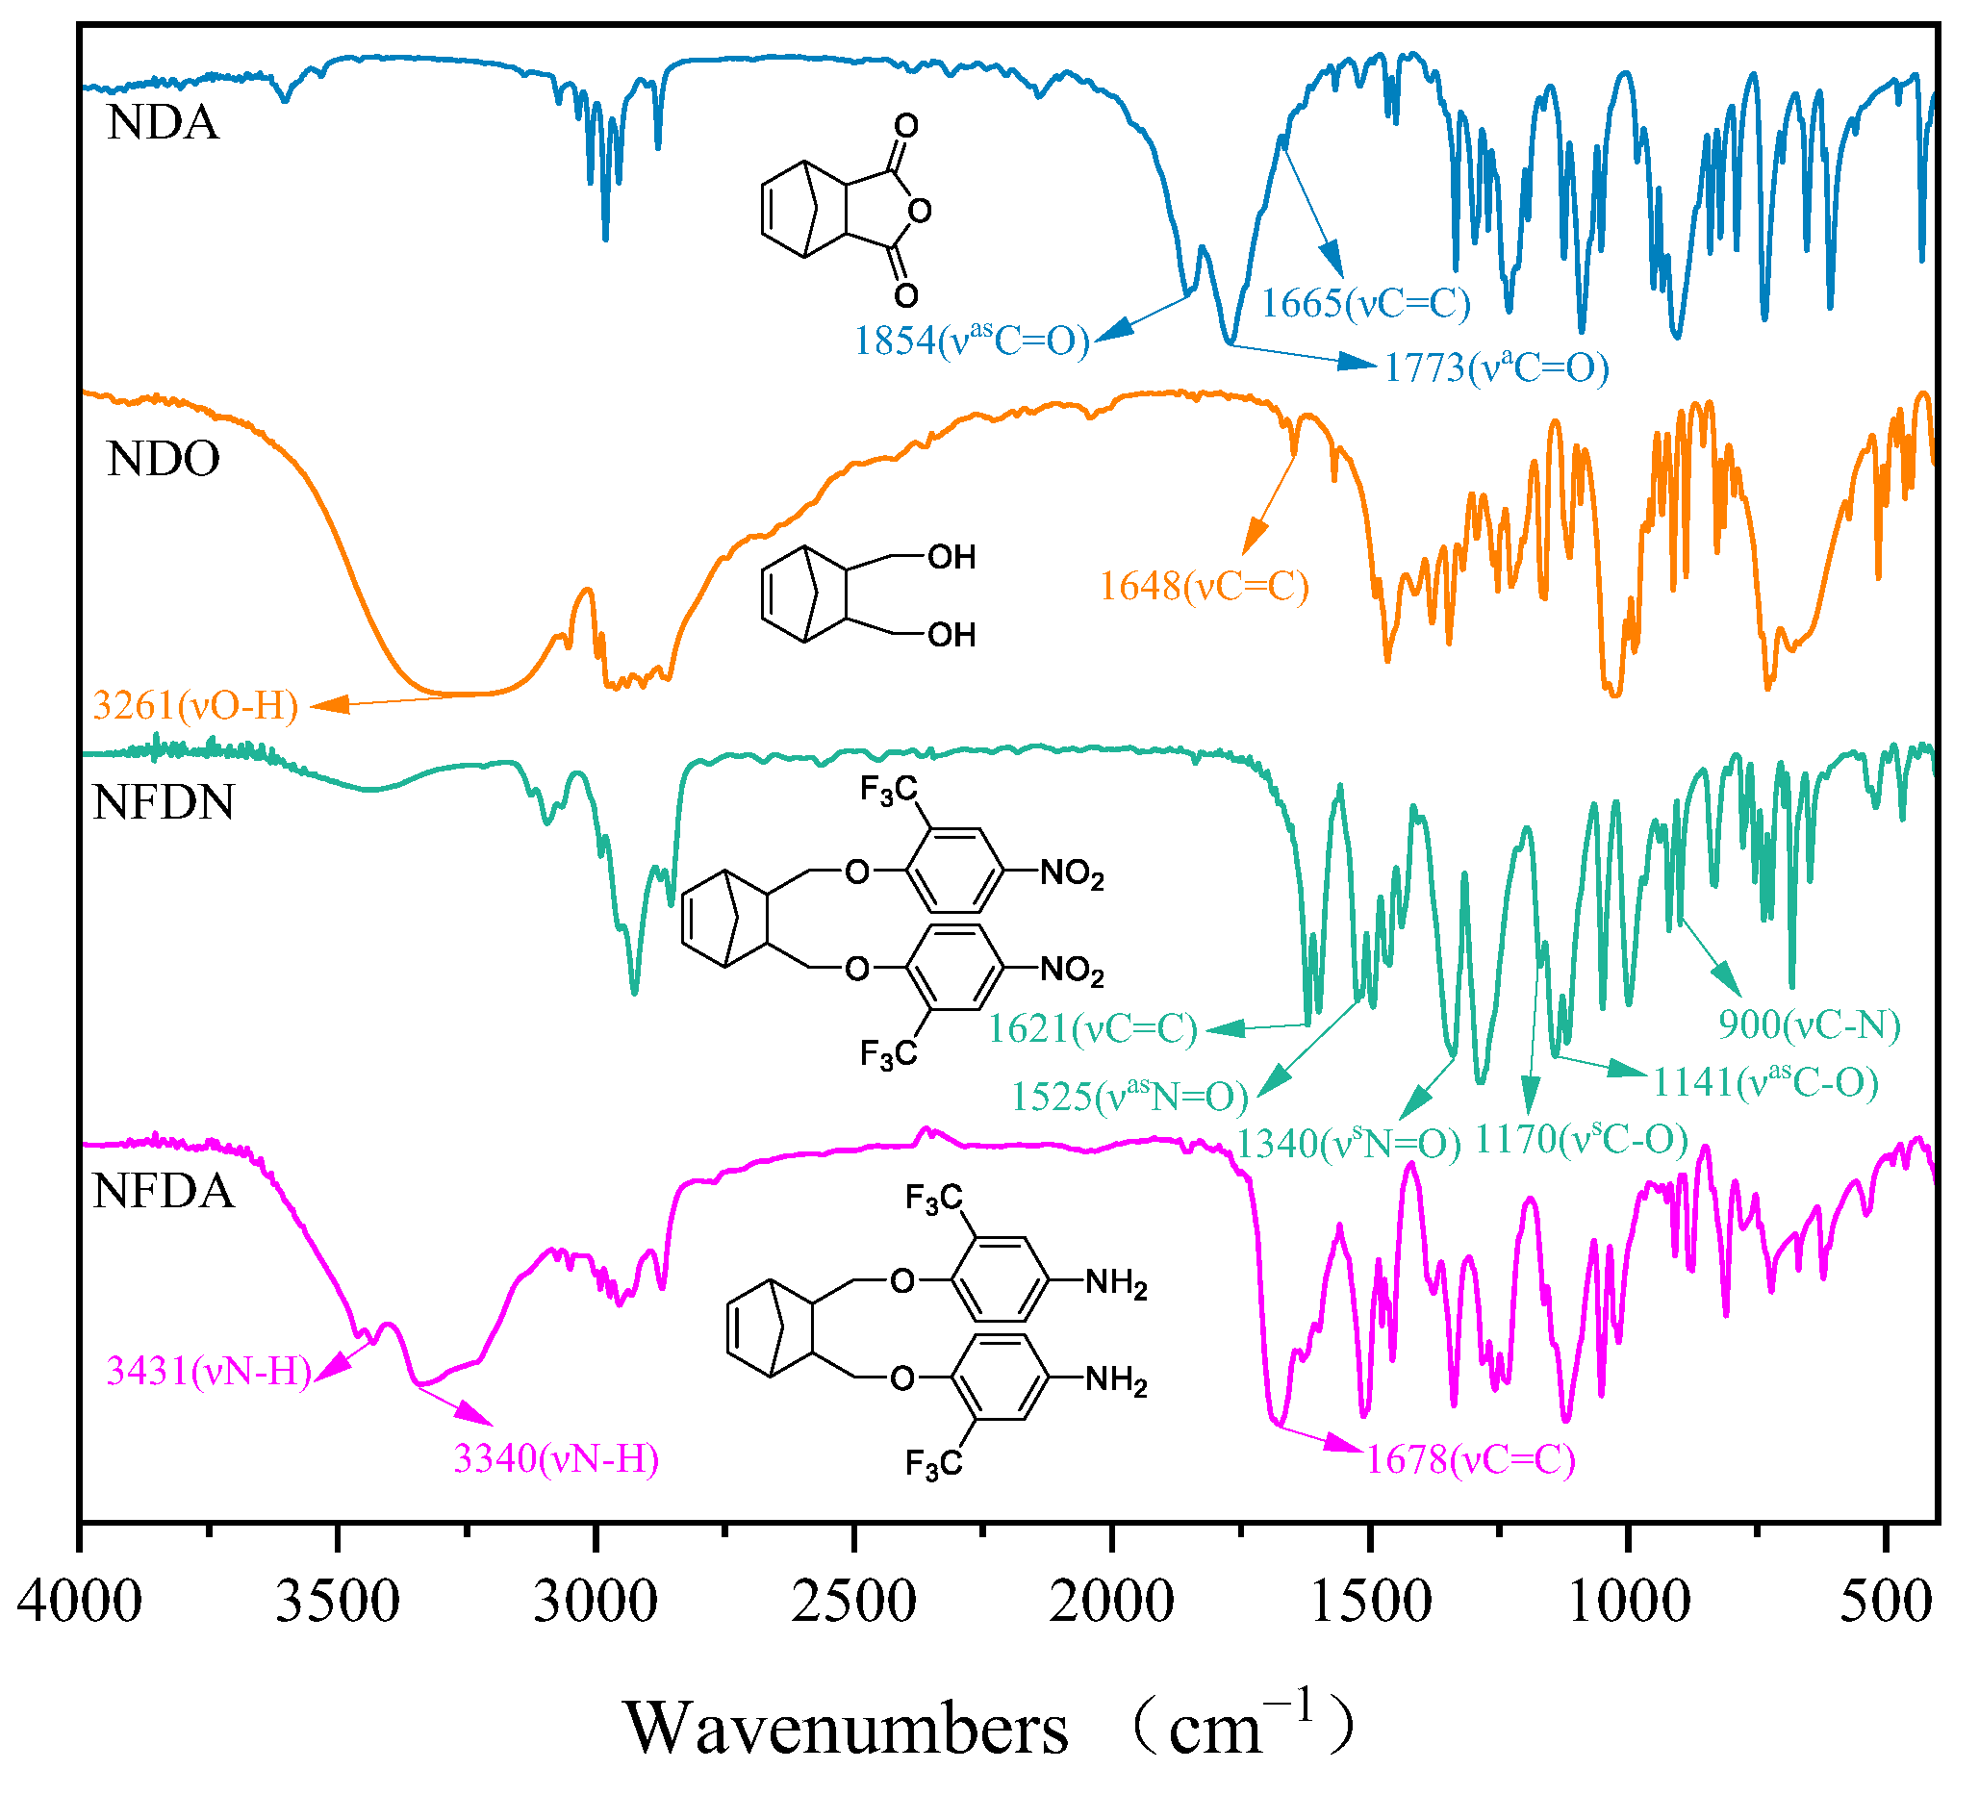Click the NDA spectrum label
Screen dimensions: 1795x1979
tap(163, 123)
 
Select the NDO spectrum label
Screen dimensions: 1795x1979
tap(163, 458)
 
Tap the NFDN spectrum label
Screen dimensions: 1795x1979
tap(163, 802)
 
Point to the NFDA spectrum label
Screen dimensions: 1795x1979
tap(163, 1191)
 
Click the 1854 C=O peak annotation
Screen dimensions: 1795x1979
tap(971, 341)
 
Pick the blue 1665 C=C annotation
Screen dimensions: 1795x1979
tap(1365, 303)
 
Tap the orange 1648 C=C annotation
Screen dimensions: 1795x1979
tap(1204, 586)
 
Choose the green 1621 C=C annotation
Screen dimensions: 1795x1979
tap(1093, 1028)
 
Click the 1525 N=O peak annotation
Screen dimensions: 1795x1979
tap(1129, 1096)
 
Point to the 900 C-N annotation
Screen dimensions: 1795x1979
tap(1808, 1024)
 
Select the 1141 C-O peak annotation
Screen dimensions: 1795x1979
tap(1765, 1081)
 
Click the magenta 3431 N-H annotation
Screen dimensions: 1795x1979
tap(208, 1371)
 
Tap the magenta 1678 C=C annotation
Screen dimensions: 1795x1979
tap(1469, 1459)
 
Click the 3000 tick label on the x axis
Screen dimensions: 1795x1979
tap(595, 1602)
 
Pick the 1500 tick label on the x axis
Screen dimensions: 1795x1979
tap(1370, 1602)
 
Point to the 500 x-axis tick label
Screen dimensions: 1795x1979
tap(1886, 1602)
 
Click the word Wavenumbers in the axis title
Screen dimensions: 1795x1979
tap(846, 1729)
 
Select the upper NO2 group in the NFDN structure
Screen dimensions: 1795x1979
tap(1071, 872)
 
